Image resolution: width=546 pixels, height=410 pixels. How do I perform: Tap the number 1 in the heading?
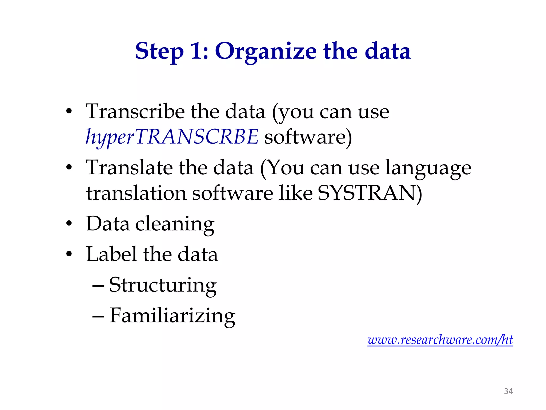(x=196, y=51)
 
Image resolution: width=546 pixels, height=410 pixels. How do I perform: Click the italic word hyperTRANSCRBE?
(x=172, y=137)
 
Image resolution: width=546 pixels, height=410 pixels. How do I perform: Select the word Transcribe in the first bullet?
(x=135, y=111)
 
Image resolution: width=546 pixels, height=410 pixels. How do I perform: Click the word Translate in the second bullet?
(x=129, y=168)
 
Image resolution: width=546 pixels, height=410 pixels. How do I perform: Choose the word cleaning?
(x=175, y=224)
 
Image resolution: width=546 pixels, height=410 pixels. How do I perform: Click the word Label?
(x=112, y=254)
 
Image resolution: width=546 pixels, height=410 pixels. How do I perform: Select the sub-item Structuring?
(x=163, y=285)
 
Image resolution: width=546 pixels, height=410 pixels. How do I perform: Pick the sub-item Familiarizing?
(x=172, y=316)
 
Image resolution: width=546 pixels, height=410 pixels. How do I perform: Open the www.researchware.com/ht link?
(x=440, y=340)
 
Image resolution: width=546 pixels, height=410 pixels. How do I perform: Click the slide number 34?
(x=508, y=391)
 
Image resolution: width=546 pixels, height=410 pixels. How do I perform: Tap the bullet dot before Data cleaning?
(x=69, y=224)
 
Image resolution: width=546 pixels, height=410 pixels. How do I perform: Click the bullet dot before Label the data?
(x=69, y=254)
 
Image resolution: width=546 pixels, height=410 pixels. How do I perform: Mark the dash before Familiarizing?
(x=98, y=316)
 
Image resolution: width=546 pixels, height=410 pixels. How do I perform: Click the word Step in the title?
(x=159, y=51)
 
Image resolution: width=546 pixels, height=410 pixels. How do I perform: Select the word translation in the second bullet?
(x=136, y=193)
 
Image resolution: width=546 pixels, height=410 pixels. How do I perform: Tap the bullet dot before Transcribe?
(x=69, y=111)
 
